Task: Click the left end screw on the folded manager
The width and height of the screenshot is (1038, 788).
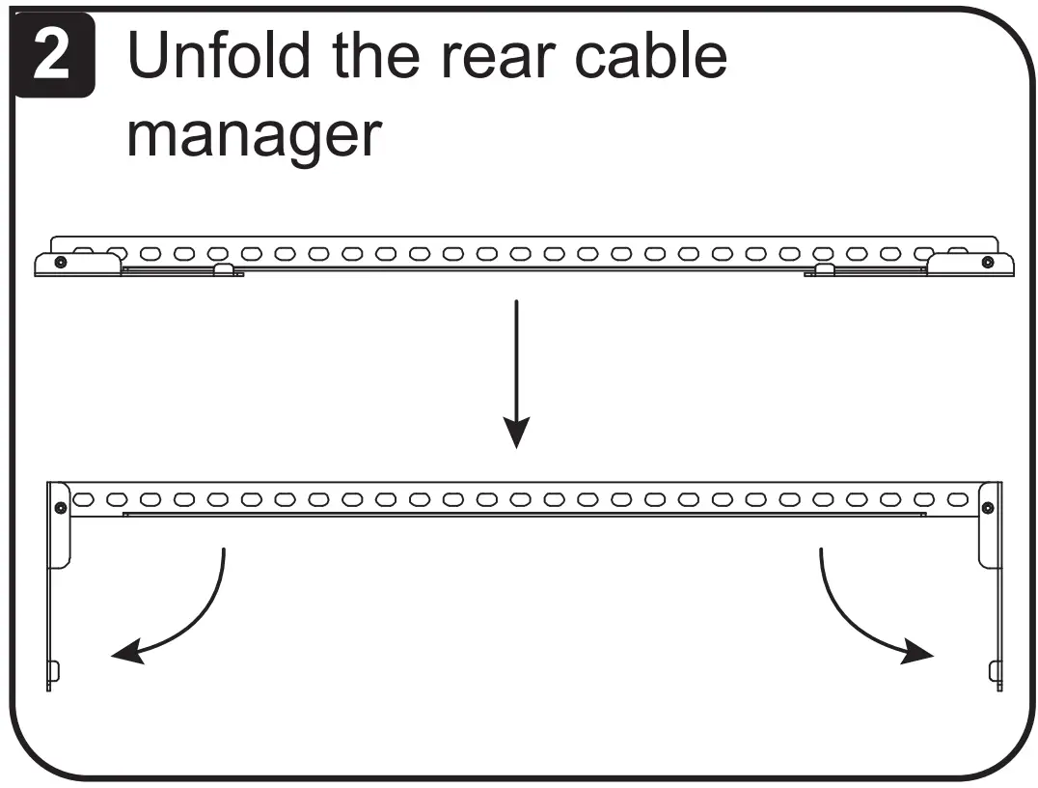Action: click(61, 262)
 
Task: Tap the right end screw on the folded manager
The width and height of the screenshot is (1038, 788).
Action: click(986, 262)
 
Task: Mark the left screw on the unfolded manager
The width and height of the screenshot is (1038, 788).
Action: click(61, 507)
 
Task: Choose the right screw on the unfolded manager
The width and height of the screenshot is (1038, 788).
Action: click(987, 507)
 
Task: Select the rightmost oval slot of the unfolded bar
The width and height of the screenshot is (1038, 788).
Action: click(957, 499)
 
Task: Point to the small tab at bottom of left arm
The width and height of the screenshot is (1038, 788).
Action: click(54, 670)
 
